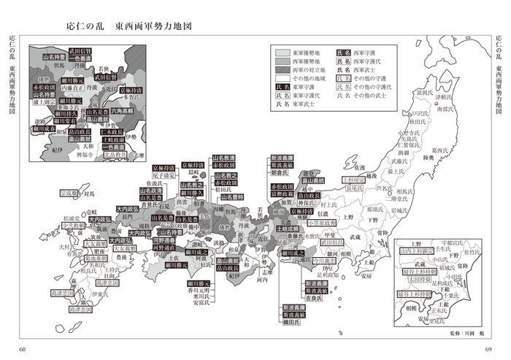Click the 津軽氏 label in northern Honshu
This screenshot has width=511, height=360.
[x=445, y=96]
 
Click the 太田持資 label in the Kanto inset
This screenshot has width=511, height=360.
[x=413, y=277]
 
